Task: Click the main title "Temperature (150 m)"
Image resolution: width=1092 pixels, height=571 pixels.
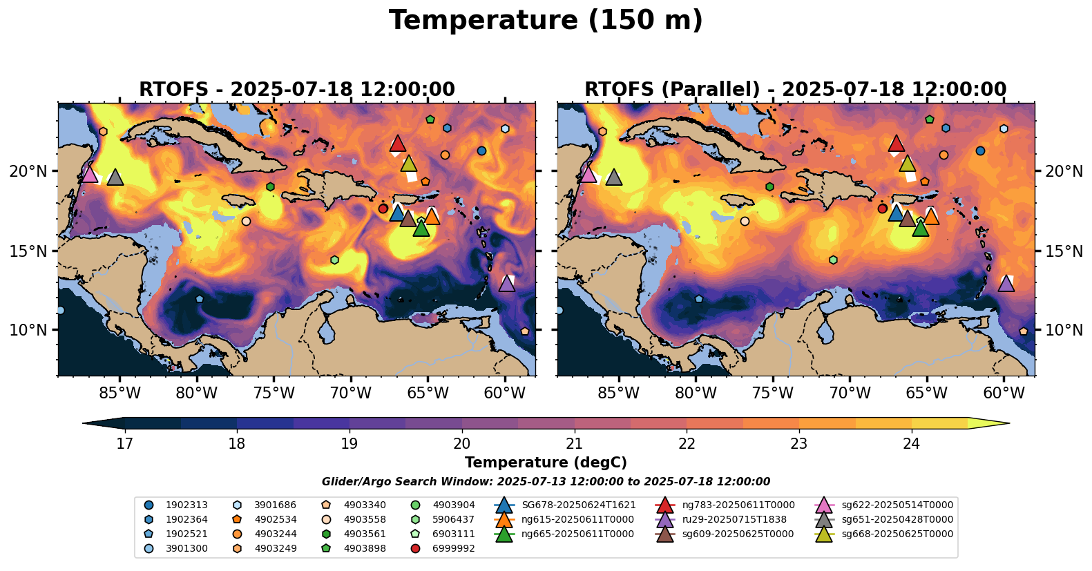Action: pos(546,21)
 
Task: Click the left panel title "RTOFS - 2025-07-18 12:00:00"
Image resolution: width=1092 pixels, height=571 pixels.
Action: pos(297,90)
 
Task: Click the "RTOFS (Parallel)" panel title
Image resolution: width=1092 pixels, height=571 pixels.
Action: pos(795,90)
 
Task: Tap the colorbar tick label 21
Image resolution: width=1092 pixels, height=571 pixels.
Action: pos(574,443)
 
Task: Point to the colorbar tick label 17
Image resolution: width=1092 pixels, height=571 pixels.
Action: pos(124,443)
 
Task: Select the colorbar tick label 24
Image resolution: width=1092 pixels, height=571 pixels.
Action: pos(911,443)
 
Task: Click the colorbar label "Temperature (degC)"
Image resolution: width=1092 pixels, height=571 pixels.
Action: pos(546,463)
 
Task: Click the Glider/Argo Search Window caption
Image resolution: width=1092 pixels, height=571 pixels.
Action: pos(546,482)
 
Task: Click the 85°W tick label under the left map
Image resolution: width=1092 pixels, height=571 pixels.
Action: pos(120,394)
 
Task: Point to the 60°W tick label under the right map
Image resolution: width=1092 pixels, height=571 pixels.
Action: pos(1004,394)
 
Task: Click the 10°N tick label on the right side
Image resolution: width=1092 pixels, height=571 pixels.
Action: pos(1064,330)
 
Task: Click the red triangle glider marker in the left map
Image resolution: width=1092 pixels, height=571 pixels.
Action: pos(397,144)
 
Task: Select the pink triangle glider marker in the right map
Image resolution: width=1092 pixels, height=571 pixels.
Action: pos(588,174)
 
